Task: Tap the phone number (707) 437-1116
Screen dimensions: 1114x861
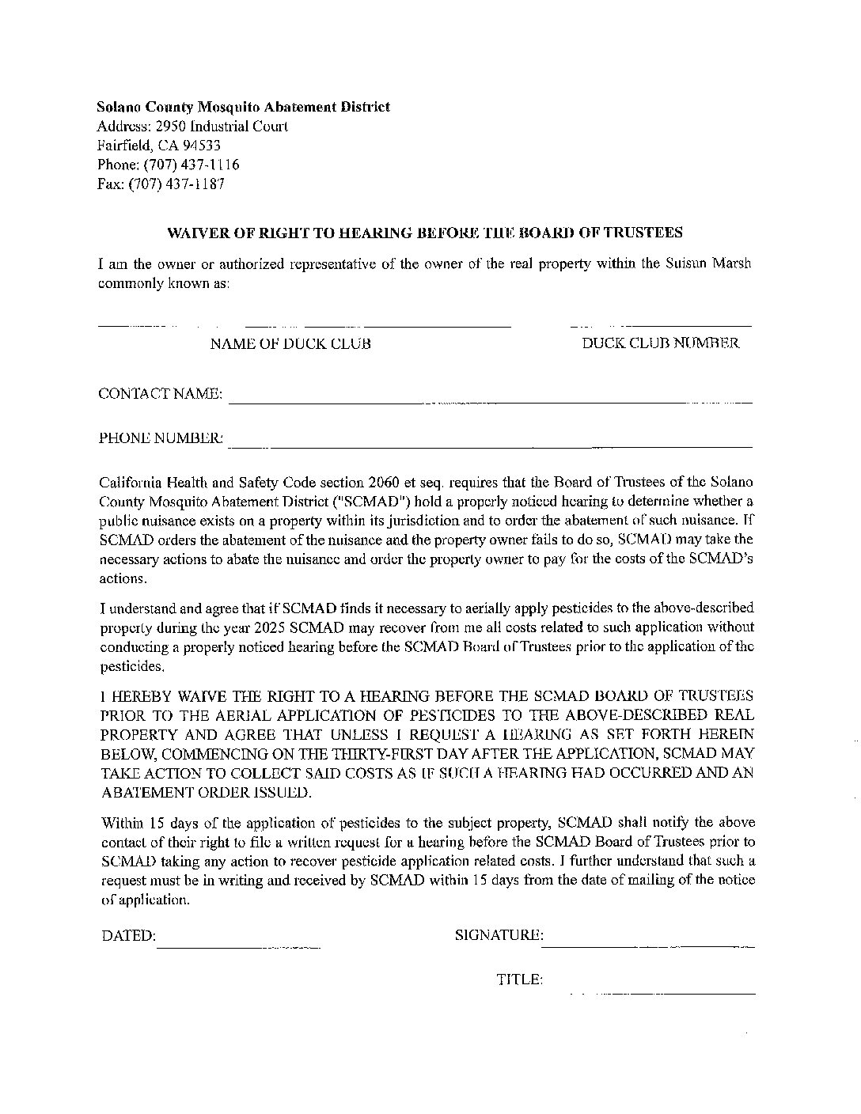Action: [191, 165]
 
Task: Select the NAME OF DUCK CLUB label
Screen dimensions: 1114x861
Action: [290, 344]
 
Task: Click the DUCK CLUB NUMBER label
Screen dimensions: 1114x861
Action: [661, 343]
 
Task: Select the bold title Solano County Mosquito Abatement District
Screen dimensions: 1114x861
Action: [243, 107]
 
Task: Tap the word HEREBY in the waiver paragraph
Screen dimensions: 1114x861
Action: [140, 696]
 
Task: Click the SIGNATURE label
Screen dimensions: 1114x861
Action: [499, 936]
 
